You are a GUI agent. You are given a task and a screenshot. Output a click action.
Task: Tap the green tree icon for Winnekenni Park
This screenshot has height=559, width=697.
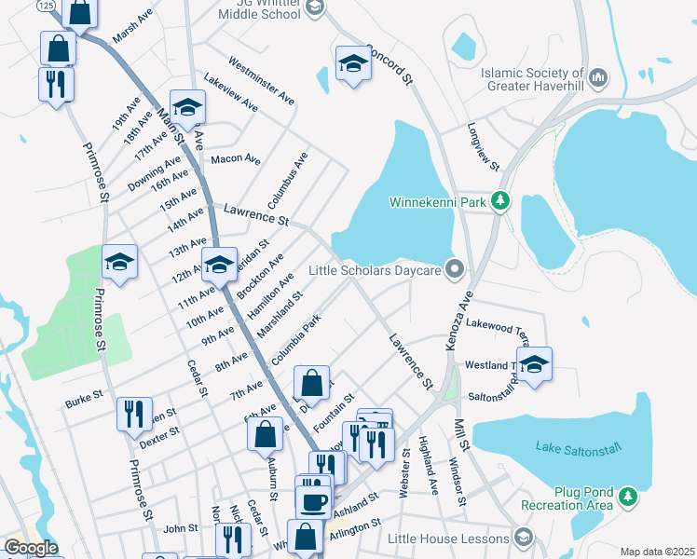pos(501,200)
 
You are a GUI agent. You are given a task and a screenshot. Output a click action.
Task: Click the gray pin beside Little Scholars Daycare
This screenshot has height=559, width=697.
pos(455,270)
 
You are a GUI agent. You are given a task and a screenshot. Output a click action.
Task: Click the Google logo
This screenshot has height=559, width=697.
pos(31,548)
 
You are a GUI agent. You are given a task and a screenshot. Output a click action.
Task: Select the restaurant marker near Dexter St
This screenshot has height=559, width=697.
pos(134,413)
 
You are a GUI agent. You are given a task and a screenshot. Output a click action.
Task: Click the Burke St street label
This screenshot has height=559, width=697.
pos(83,402)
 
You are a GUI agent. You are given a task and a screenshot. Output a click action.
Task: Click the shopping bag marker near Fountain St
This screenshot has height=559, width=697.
pos(311,382)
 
